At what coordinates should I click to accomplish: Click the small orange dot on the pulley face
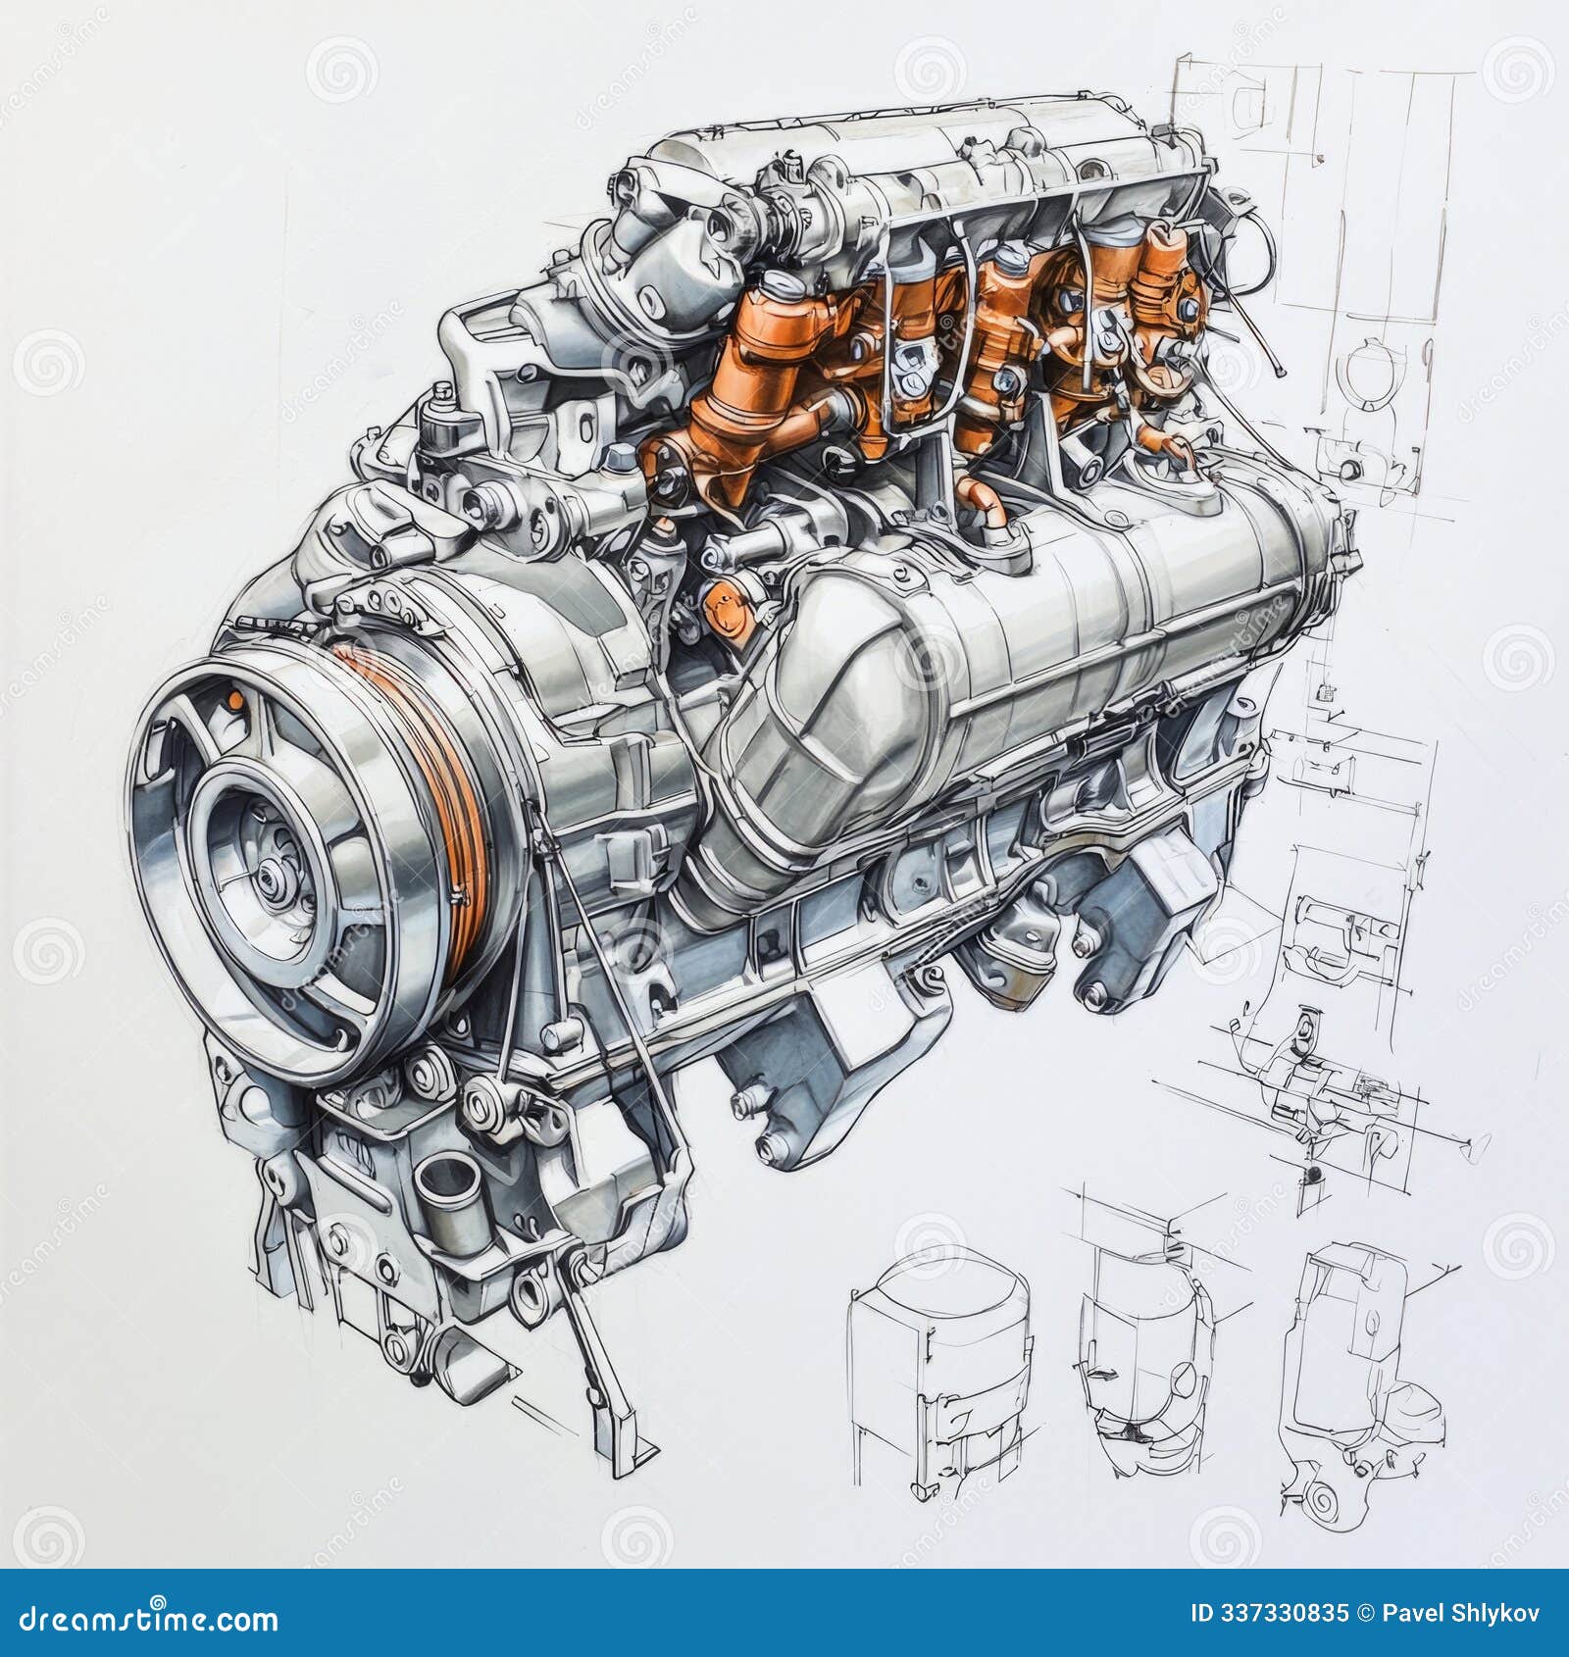click(235, 699)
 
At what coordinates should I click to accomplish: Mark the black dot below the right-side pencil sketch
click(1314, 1174)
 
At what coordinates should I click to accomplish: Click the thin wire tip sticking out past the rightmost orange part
click(1282, 373)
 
